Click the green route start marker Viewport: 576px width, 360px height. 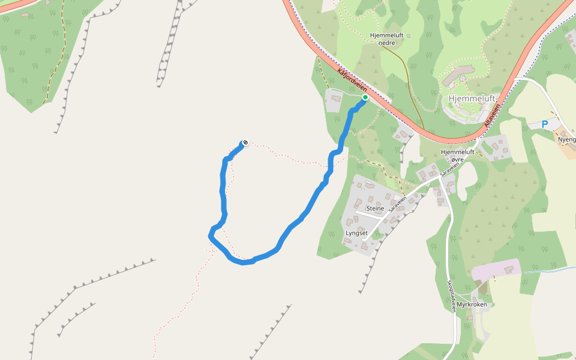tap(365, 97)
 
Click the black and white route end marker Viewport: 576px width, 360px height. tap(245, 142)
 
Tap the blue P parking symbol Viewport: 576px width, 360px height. tap(545, 124)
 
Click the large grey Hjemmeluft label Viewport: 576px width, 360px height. tap(472, 98)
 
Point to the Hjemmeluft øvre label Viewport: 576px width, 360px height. tap(457, 156)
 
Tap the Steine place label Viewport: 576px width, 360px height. tap(375, 208)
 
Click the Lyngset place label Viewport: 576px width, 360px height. tap(356, 233)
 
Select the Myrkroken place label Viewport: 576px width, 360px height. tap(472, 304)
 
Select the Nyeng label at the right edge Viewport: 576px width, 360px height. tap(567, 139)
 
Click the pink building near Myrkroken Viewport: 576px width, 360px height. tap(495, 270)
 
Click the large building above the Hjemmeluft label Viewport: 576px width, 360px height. tap(458, 74)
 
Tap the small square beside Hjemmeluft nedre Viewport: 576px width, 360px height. tap(409, 35)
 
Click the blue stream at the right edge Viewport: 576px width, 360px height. tap(549, 271)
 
